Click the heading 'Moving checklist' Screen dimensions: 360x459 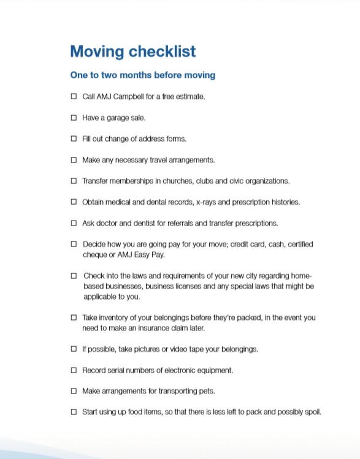133,51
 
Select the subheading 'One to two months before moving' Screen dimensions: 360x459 143,75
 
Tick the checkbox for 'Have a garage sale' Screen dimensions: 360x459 74,118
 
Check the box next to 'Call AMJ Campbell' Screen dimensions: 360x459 74,97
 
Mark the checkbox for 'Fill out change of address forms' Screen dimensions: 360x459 74,139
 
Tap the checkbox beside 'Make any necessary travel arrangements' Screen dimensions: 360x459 74,160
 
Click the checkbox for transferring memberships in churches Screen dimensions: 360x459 74,181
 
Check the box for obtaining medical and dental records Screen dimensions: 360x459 74,202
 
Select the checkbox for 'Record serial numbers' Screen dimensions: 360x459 74,370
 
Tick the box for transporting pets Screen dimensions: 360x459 74,391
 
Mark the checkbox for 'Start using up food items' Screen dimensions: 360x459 74,412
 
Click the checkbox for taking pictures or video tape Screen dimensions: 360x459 74,349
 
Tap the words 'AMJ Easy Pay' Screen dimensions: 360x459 143,254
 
